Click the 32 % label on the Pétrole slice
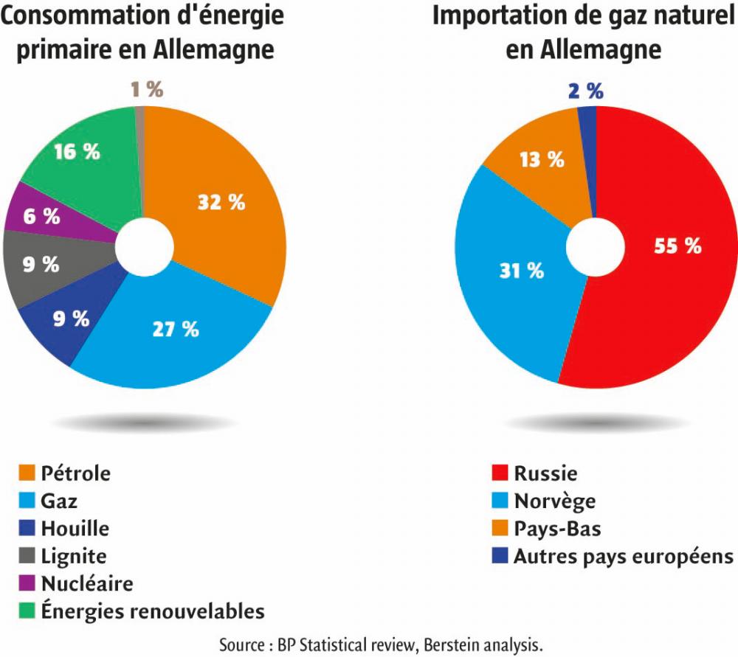tap(221, 203)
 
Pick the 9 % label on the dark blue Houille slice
tap(71, 319)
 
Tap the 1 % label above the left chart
tap(146, 90)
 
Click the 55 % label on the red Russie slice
tap(677, 246)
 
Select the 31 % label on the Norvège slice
tap(520, 271)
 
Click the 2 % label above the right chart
tap(586, 91)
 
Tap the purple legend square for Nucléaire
tap(26, 584)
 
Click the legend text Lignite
tap(74, 556)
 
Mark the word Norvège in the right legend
tap(554, 501)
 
